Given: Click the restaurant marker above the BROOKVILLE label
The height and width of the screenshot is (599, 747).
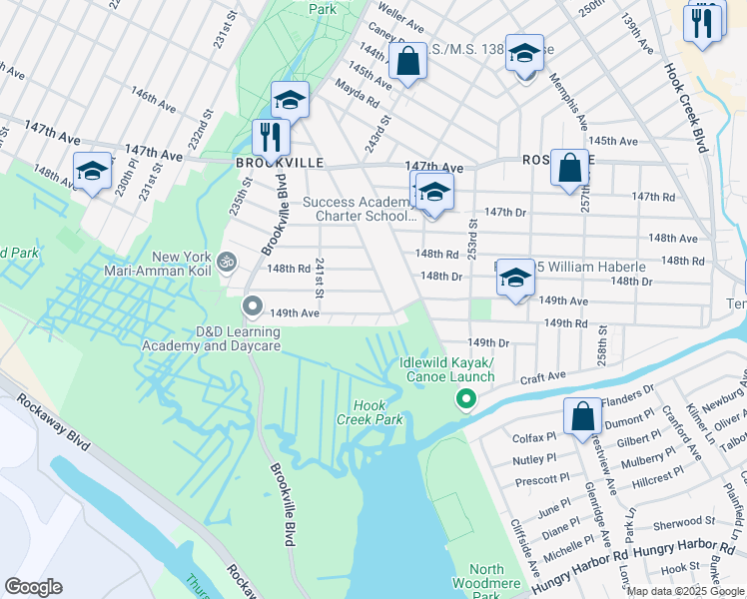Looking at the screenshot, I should pos(270,137).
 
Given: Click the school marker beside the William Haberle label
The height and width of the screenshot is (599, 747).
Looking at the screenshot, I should pos(515,279).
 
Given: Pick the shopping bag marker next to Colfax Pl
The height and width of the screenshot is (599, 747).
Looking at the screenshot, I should pos(582,416).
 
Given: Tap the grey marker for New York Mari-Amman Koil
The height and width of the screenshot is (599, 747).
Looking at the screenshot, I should pos(227,262).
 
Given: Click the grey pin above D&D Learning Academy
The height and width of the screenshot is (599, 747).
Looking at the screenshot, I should pos(253,306).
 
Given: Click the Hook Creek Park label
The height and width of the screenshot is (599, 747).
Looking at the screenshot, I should pos(377,413).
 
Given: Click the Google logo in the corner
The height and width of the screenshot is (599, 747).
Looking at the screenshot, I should pos(34,587).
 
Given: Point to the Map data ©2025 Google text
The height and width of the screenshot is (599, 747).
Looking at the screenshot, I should pos(685,591).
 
